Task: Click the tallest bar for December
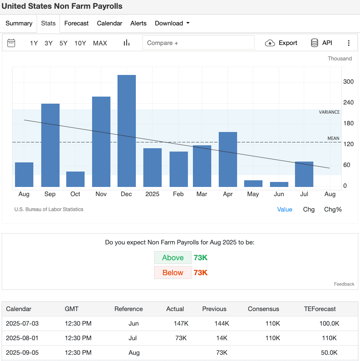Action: pos(127,131)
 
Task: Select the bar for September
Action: pos(50,145)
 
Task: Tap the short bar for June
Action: pos(279,184)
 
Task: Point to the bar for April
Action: pos(228,159)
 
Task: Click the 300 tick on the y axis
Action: pos(348,82)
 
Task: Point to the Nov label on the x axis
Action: pos(101,194)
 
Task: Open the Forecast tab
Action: pos(76,23)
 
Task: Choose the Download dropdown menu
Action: pos(172,23)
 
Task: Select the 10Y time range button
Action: pos(80,43)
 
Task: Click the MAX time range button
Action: pos(100,43)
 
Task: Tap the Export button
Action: pos(282,43)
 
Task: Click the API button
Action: pos(322,43)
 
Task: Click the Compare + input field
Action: pos(198,43)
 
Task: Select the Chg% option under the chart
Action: pos(332,209)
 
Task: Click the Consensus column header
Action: pos(263,309)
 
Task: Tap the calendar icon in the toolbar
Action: pos(12,43)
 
